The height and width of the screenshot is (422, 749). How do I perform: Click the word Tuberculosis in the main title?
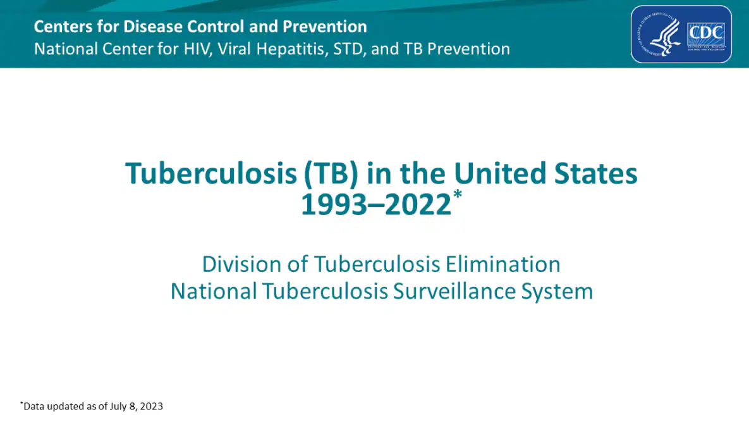tap(210, 173)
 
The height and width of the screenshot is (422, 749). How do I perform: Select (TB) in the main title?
tap(330, 173)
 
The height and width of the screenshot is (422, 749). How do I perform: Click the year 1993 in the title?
tap(332, 205)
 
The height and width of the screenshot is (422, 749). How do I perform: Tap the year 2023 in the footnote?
tap(151, 406)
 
